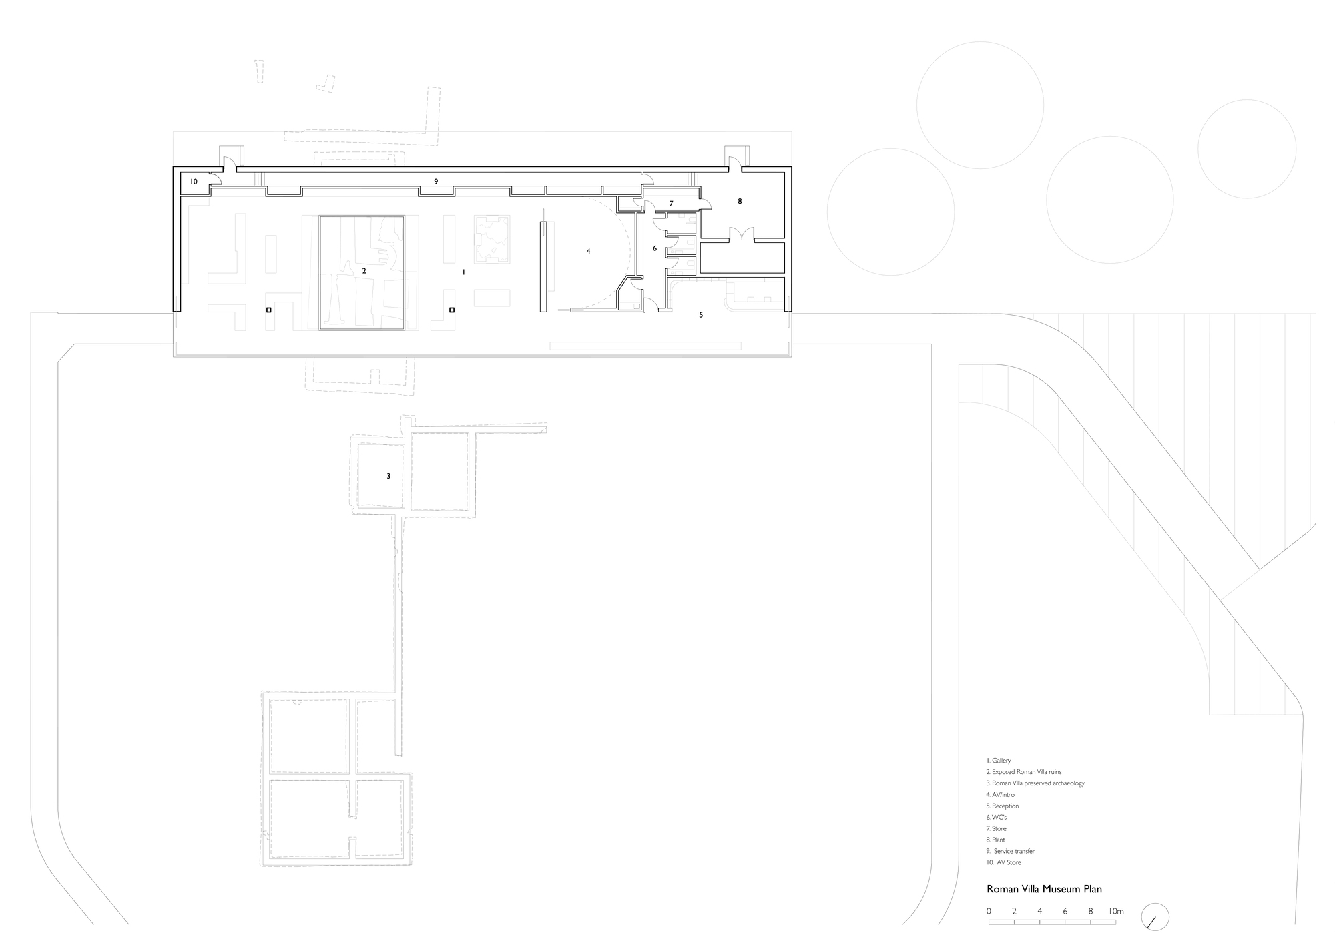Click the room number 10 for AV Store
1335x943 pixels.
[194, 182]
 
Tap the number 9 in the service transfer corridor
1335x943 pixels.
[436, 182]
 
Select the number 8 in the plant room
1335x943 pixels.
[740, 201]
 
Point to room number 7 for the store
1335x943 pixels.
[671, 204]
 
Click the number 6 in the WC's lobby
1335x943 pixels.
[655, 248]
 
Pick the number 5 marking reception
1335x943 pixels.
[701, 315]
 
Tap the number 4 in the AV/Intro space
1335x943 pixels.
[588, 252]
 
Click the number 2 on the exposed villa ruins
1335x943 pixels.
[364, 271]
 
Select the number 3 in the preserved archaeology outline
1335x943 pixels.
[388, 477]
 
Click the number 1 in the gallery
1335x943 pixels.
[463, 273]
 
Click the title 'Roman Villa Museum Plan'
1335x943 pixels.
[1044, 889]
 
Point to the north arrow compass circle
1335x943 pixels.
[1155, 917]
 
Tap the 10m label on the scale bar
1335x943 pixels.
[1116, 911]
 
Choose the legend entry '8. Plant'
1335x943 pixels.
[995, 840]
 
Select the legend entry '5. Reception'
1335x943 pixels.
[1002, 806]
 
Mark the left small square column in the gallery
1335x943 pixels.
[268, 310]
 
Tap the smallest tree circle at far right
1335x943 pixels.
[1246, 149]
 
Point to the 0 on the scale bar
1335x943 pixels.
[989, 911]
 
